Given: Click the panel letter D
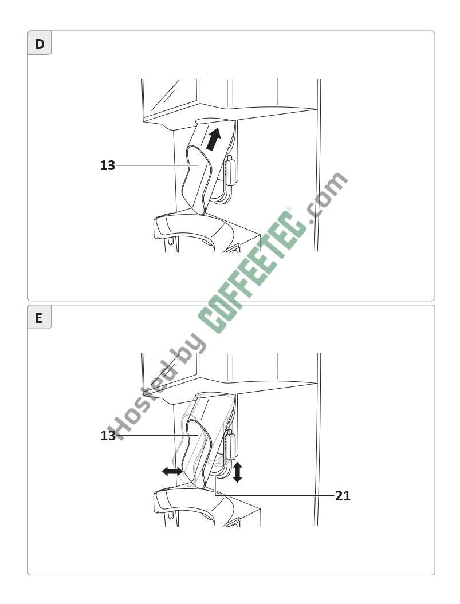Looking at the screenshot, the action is tap(40, 44).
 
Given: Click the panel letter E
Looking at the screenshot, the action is tap(38, 318).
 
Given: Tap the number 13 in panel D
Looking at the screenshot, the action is tap(108, 165).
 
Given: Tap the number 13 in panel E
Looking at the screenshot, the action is tap(108, 436).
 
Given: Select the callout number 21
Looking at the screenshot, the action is tap(343, 496).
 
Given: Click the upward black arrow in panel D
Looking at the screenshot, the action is tap(213, 139).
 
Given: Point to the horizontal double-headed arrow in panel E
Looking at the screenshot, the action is tap(172, 471).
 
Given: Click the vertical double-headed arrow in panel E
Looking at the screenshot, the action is tap(238, 472).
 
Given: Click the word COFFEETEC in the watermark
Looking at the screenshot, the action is tap(253, 271).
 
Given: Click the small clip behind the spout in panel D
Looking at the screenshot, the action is tap(230, 171).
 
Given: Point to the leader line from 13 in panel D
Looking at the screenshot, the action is tap(158, 165).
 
